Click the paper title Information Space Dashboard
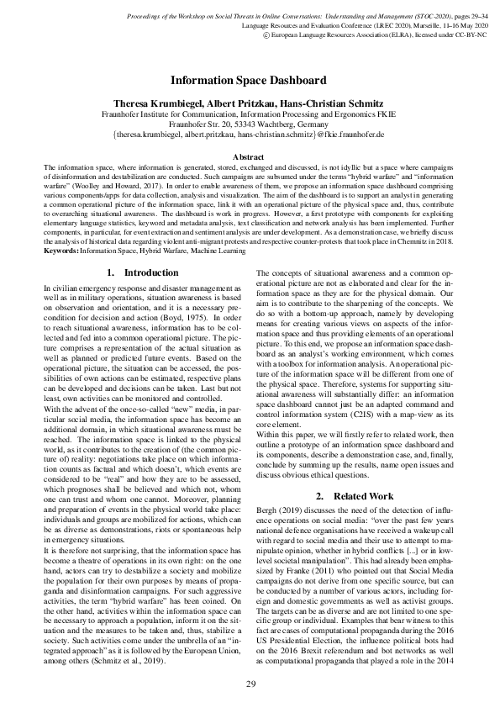(x=249, y=81)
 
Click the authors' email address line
(x=249, y=135)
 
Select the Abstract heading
(x=249, y=156)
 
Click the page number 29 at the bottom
(x=250, y=684)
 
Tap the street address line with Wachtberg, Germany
(x=249, y=124)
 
